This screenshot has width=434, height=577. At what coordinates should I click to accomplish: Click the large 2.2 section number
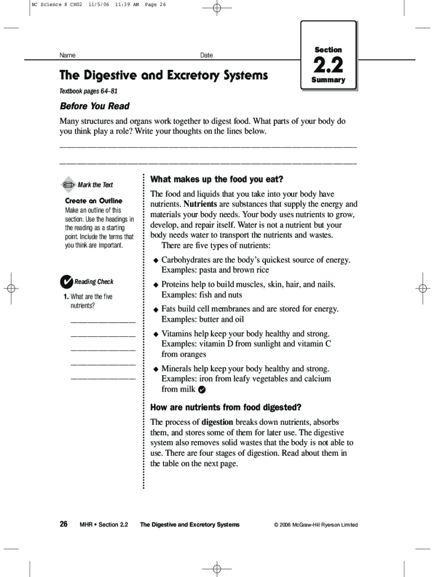(328, 65)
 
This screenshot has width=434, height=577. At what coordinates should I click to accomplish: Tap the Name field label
(68, 55)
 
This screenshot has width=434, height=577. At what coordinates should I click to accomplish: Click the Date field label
(206, 55)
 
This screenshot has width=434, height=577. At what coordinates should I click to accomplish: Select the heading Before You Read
(95, 106)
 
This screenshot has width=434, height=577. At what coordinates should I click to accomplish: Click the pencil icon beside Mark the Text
(68, 184)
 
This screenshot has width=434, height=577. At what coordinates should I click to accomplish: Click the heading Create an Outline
(94, 201)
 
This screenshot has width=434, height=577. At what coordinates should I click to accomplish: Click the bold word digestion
(217, 422)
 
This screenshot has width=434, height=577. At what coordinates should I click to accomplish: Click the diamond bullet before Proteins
(156, 285)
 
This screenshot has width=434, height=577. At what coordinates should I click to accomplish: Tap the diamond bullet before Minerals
(156, 369)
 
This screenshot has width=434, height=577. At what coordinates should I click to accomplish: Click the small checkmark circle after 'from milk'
(202, 389)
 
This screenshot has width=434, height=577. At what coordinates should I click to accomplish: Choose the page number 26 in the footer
(64, 524)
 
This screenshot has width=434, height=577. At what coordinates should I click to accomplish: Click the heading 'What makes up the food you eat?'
(216, 179)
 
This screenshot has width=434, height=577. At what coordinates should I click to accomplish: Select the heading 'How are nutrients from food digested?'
(225, 407)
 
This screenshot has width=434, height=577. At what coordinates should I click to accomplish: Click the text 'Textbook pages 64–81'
(88, 91)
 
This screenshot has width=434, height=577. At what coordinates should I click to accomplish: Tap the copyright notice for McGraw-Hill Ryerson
(316, 525)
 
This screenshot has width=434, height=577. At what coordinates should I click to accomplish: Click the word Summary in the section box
(328, 80)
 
